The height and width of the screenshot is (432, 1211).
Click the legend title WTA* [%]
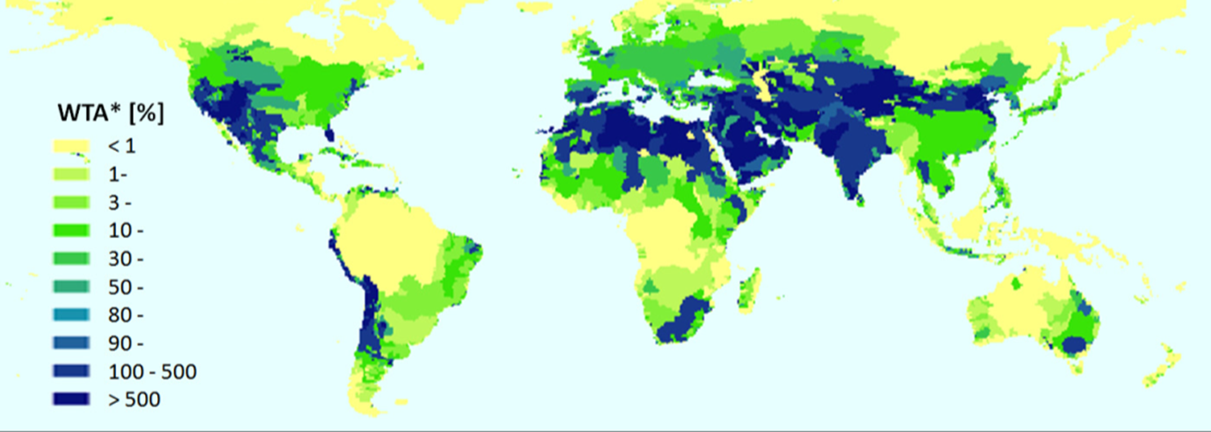pyautogui.click(x=111, y=113)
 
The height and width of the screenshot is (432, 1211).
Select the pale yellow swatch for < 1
pyautogui.click(x=73, y=146)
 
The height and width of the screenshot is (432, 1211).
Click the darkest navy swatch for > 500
pyautogui.click(x=73, y=400)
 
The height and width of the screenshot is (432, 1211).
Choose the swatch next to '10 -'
pyautogui.click(x=73, y=230)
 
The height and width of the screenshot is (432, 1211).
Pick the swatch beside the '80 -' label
pyautogui.click(x=73, y=314)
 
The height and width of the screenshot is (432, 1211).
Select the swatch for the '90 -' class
pyautogui.click(x=73, y=343)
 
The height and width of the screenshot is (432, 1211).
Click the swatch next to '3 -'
pyautogui.click(x=73, y=202)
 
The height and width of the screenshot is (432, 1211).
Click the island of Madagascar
pyautogui.click(x=749, y=291)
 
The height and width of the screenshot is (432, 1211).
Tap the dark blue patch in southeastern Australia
pyautogui.click(x=1073, y=343)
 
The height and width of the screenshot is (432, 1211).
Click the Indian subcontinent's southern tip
pyautogui.click(x=851, y=198)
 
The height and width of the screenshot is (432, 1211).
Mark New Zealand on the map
pyautogui.click(x=1159, y=364)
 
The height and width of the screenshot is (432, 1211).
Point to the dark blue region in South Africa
pyautogui.click(x=680, y=321)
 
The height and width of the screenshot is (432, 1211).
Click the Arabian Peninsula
pyautogui.click(x=773, y=158)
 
